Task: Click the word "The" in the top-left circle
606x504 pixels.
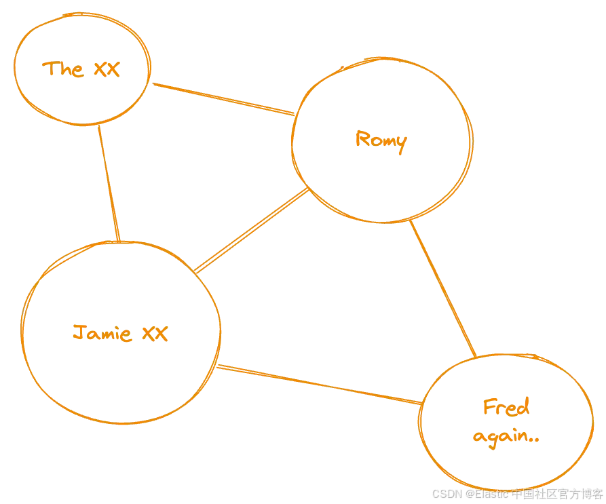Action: tap(64, 69)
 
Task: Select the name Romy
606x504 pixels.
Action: tap(380, 141)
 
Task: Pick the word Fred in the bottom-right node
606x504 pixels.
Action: tap(506, 408)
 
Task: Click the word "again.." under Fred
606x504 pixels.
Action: tap(507, 438)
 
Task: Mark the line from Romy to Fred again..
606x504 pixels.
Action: tap(442, 288)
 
